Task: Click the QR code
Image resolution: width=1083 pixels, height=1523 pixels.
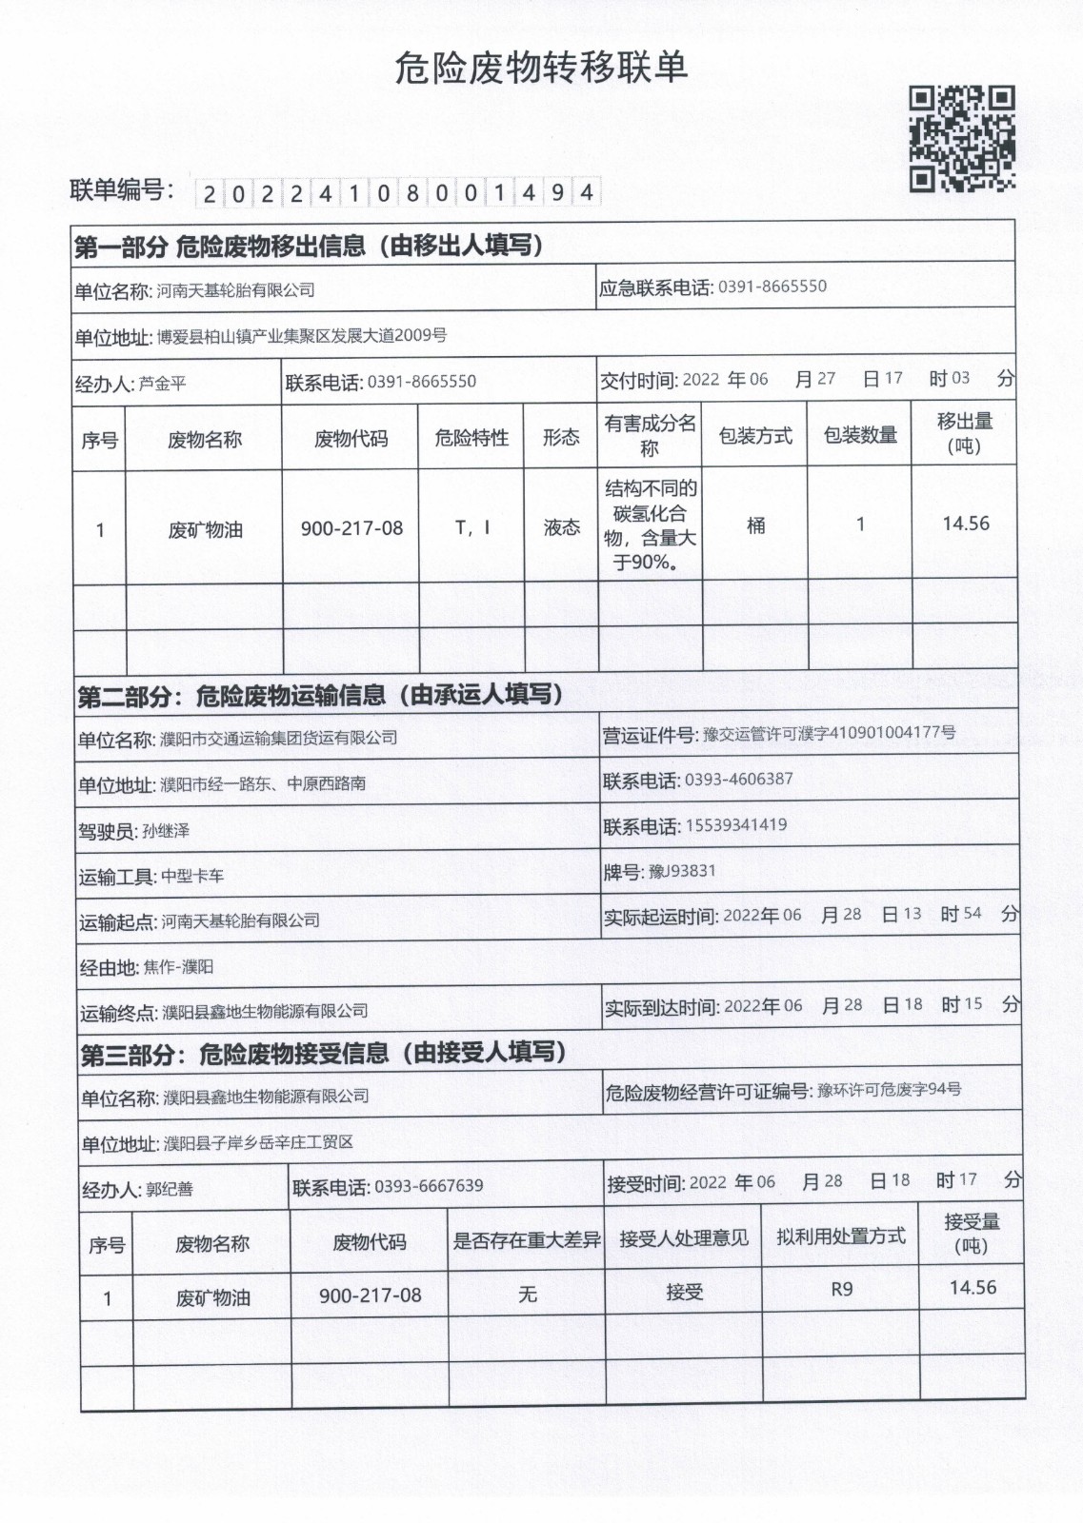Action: tap(962, 139)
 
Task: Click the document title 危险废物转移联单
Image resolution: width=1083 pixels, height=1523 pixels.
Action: tap(541, 69)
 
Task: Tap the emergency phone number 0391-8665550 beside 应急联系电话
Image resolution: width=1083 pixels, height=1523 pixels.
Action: tap(772, 287)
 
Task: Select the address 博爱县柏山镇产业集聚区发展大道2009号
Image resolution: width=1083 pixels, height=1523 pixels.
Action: tap(301, 336)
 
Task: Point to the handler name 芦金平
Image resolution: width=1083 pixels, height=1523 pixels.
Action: tap(162, 385)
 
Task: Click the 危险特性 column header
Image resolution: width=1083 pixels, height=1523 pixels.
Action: tap(471, 438)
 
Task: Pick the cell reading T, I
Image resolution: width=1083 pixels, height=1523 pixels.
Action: tap(471, 527)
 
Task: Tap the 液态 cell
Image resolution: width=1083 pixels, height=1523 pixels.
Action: tap(561, 527)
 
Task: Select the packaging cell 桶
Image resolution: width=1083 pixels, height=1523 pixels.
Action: tap(755, 525)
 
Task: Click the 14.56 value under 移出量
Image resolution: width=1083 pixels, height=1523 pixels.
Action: tap(965, 524)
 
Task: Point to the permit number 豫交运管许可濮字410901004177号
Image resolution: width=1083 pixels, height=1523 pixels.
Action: tap(829, 734)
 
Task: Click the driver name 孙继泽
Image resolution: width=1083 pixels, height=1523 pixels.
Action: tap(166, 831)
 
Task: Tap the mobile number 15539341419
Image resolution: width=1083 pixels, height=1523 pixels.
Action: tap(735, 825)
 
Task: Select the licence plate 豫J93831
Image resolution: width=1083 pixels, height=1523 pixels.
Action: tap(682, 871)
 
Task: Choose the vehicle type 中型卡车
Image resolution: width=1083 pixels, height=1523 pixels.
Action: tap(192, 877)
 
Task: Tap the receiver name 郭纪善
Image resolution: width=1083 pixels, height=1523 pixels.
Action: tap(169, 1190)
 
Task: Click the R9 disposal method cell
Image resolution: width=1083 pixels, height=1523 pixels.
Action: tap(841, 1290)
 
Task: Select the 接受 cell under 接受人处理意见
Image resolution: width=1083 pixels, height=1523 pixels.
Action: tap(684, 1293)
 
